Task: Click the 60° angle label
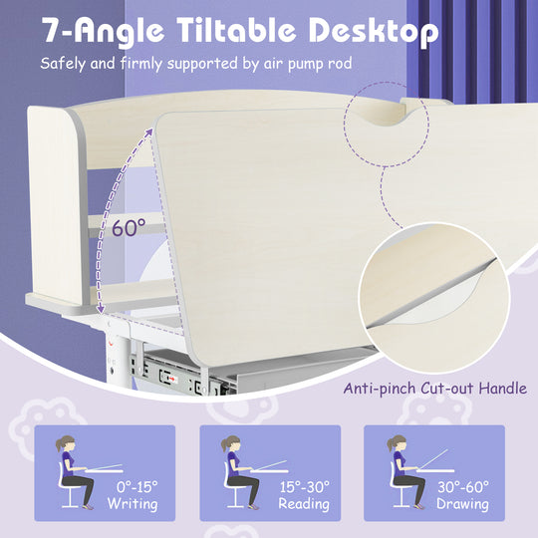coord(128,227)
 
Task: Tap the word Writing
coord(134,504)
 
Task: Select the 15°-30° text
coord(304,486)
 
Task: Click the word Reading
coord(304,504)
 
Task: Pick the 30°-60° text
coord(462,486)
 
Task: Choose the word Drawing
coord(462,504)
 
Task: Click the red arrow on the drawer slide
coord(172,379)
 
